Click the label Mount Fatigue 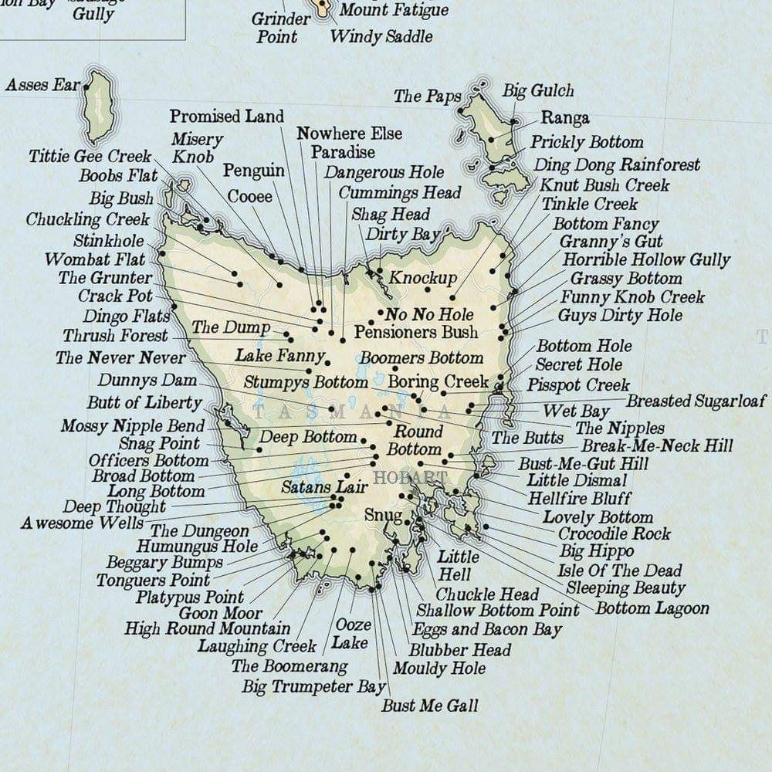394,10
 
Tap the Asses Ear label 42,85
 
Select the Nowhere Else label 350,134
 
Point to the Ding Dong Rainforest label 617,164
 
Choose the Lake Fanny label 279,356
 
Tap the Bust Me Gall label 430,706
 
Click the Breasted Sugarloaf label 696,401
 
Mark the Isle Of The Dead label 620,571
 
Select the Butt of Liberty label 144,402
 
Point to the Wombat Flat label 94,259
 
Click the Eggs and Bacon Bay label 487,630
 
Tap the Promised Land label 227,117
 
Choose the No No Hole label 429,314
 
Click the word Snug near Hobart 383,515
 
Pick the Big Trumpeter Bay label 313,686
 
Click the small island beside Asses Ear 97,106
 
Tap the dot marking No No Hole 381,313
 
